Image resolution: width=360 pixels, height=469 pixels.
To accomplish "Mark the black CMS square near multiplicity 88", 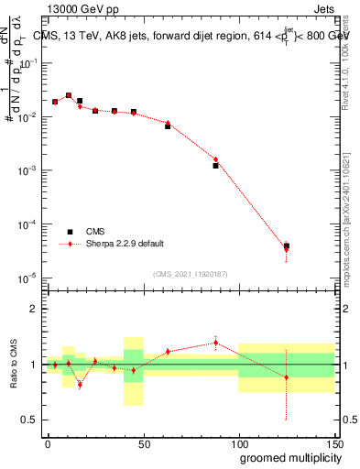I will coord(216,166).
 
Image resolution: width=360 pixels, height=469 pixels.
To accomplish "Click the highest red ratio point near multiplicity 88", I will coord(216,343).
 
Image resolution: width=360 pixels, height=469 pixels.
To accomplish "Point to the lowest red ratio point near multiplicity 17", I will coord(80,385).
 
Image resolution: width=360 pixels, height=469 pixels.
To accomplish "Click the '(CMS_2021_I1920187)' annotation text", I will coord(190,273).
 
